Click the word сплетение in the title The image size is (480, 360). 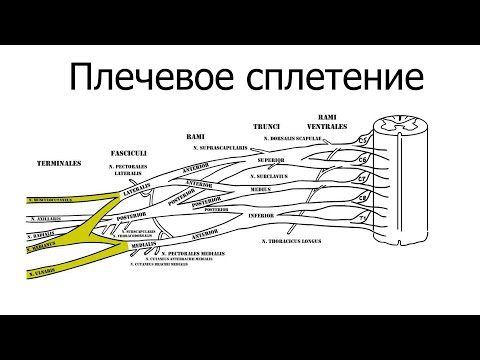327,77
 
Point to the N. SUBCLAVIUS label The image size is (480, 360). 277,177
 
